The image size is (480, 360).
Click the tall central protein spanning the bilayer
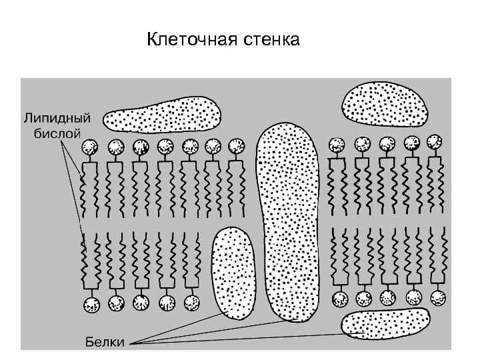pos(289,220)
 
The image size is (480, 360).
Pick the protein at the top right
pos(385,103)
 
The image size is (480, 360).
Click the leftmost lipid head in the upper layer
pos(90,147)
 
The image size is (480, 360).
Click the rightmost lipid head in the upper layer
pos(435,143)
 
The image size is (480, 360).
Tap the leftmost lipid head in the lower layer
pos(91,305)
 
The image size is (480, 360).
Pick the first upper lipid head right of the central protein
pos(337,144)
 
